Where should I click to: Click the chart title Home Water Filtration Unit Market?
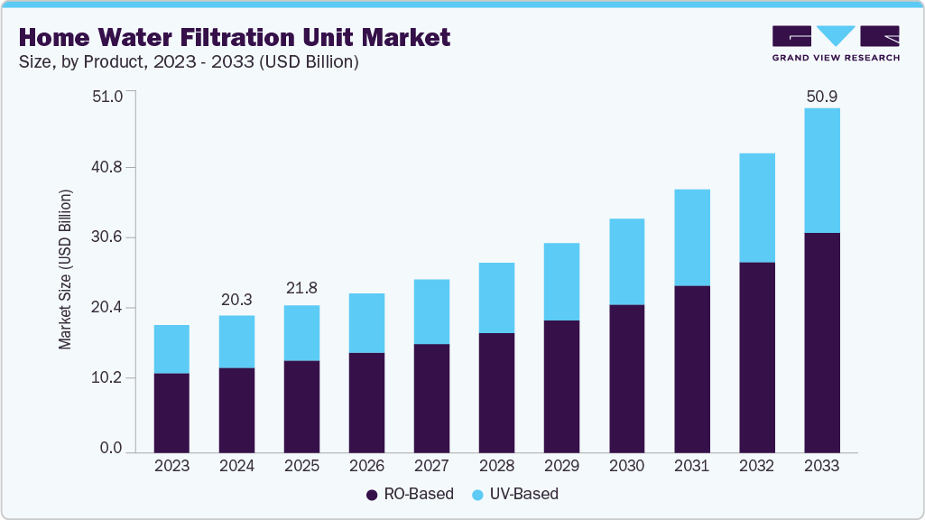[x=234, y=38]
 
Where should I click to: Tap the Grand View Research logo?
[x=836, y=43]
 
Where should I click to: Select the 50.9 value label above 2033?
[x=821, y=96]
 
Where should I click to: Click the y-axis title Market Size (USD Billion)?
[x=65, y=270]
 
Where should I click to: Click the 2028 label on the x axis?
[x=496, y=467]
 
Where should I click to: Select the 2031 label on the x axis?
[x=691, y=467]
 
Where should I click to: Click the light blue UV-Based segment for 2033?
[x=821, y=170]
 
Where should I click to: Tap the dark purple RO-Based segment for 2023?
[x=171, y=413]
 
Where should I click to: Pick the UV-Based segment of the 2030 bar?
[x=626, y=262]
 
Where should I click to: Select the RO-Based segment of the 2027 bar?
[x=431, y=398]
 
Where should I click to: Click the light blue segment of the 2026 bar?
[x=366, y=322]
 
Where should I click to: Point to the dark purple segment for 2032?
[x=756, y=357]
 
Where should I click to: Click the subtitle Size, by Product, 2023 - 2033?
[x=189, y=62]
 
